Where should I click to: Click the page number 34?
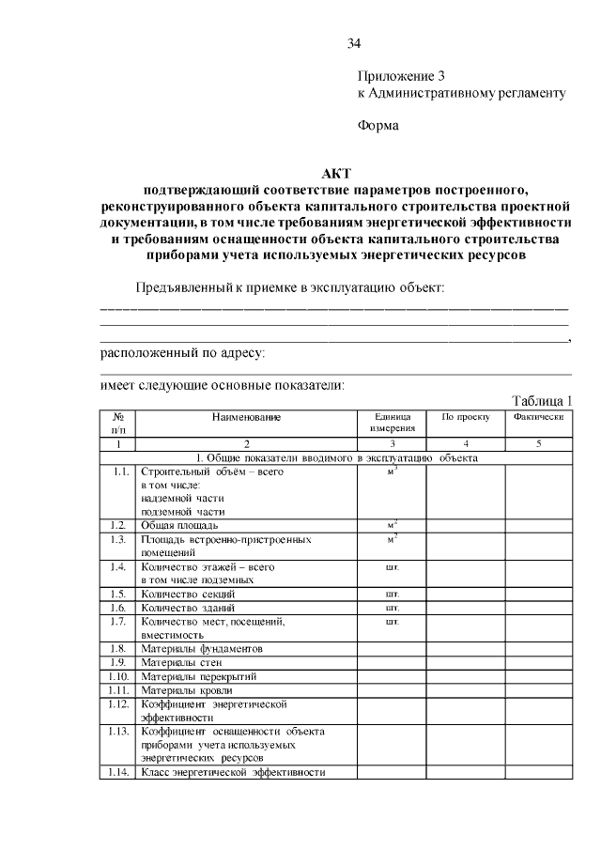(x=353, y=43)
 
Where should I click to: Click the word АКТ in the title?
(x=335, y=173)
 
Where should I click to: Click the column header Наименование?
(x=246, y=416)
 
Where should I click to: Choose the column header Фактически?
(x=538, y=416)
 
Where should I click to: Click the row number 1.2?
(x=117, y=525)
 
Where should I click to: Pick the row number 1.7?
(x=117, y=621)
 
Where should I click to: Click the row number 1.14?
(x=117, y=772)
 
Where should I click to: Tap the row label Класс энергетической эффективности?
(x=233, y=772)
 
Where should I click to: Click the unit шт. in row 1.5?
(x=393, y=594)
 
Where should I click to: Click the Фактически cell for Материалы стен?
(x=538, y=662)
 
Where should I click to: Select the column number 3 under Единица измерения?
(x=393, y=443)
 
